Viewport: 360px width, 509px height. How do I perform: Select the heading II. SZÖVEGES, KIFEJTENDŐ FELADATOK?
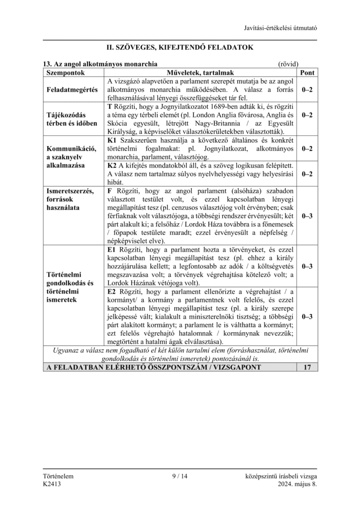(x=180, y=48)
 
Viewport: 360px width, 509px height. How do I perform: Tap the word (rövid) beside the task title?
(x=288, y=64)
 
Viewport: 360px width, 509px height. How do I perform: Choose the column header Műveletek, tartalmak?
(x=201, y=72)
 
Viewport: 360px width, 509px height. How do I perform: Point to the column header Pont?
(x=307, y=72)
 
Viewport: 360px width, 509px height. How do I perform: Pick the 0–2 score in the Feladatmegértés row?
(x=307, y=89)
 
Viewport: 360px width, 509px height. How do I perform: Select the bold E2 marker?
(x=111, y=291)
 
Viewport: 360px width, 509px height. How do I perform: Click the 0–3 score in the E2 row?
(x=307, y=316)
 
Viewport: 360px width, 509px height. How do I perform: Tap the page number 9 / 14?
(x=180, y=476)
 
